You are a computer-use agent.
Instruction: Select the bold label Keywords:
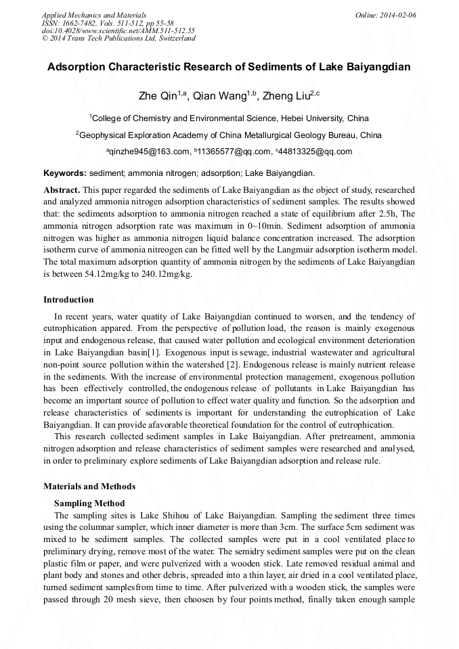[65, 173]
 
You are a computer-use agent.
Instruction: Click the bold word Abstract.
[61, 190]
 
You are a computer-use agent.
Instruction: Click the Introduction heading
[69, 300]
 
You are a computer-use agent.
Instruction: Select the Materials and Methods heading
[89, 486]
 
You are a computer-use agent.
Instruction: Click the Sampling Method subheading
[89, 503]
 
